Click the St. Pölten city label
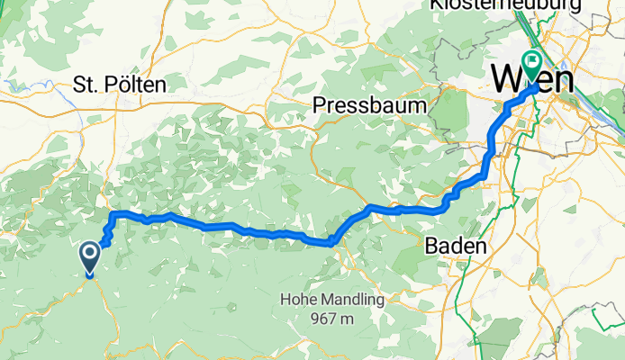(120, 85)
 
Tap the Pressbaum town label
(369, 105)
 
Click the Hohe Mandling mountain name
(332, 300)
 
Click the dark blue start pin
(91, 257)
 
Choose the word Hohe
(298, 300)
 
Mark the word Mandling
(351, 300)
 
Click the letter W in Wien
(506, 78)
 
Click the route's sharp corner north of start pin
(112, 213)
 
